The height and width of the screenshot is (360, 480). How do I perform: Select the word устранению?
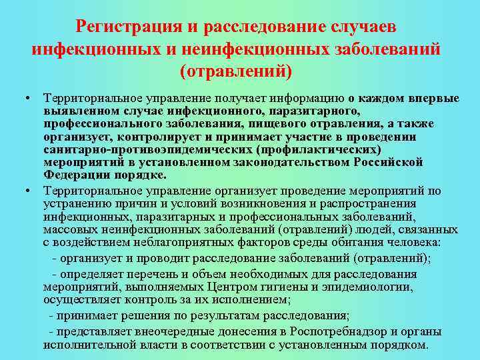coord(75,204)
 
